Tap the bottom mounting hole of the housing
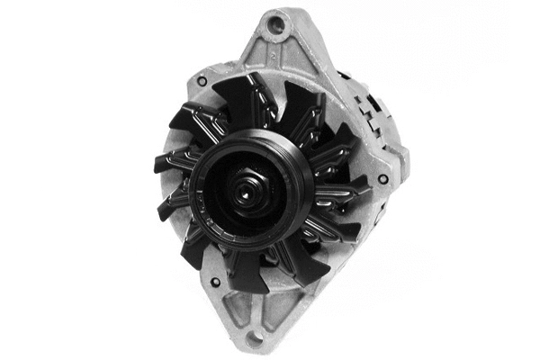pos(256,339)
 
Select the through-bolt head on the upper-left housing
pos(202,82)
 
